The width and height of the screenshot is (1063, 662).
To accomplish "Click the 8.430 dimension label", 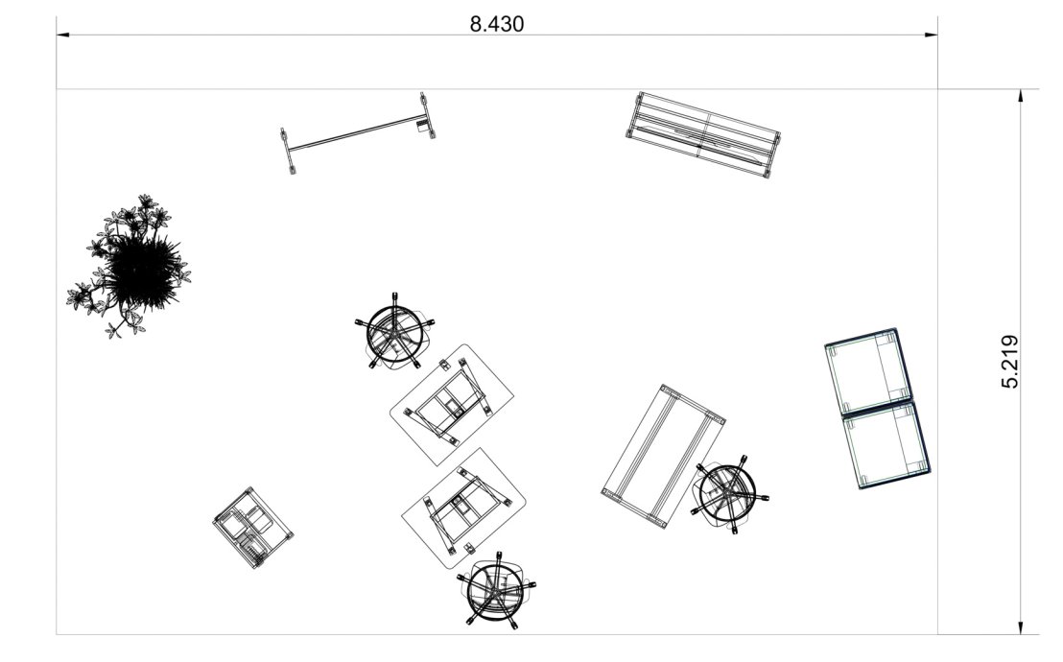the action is (497, 24).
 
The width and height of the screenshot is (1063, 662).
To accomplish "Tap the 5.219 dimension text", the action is (1009, 362).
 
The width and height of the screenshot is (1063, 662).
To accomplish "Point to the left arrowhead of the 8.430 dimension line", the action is (63, 35).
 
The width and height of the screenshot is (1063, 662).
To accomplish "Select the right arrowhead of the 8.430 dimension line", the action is (931, 35).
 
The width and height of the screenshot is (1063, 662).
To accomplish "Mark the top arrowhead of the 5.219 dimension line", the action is (1020, 97).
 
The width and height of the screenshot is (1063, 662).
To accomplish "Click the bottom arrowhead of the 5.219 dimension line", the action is (1020, 627).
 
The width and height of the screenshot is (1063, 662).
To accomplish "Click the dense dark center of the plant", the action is (142, 270).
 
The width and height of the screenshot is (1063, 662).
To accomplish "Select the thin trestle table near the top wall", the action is (357, 133).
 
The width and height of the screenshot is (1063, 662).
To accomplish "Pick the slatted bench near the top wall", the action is (703, 135).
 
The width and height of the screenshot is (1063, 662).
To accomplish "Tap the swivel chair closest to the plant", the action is (394, 332).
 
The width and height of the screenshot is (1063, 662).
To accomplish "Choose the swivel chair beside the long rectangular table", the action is (729, 493).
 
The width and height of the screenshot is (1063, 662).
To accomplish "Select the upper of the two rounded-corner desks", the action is (452, 405).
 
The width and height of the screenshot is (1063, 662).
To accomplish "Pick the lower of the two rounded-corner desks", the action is (463, 508).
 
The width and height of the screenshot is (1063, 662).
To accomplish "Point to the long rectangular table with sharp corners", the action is (664, 456).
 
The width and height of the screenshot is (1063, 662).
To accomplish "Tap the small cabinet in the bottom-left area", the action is (252, 527).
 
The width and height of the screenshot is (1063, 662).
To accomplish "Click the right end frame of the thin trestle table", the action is (427, 116).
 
